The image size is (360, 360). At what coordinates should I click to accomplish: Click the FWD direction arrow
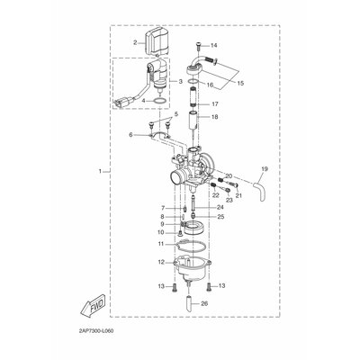click(x=93, y=305)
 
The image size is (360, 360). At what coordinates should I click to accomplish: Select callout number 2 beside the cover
click(x=135, y=42)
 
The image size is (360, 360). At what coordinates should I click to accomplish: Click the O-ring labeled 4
click(x=160, y=101)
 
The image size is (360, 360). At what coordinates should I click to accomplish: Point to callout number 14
click(x=213, y=46)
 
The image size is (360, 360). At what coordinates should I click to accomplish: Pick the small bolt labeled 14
click(x=198, y=46)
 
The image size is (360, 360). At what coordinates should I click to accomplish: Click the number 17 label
click(x=215, y=104)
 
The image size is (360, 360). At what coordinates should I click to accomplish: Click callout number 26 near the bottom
click(x=204, y=304)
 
